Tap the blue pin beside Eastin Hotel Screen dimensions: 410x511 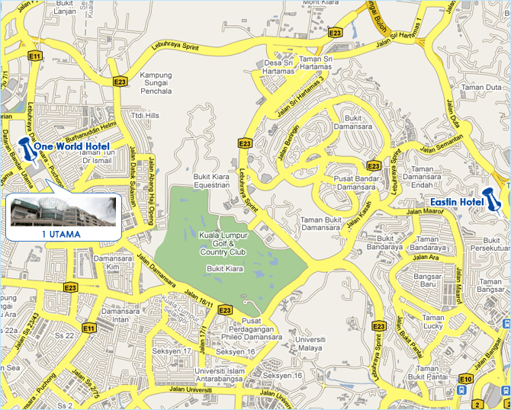[x=490, y=200]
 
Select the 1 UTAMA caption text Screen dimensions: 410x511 [x=61, y=234]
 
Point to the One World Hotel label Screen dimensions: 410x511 [x=72, y=146]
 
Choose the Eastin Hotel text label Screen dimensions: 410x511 [x=456, y=202]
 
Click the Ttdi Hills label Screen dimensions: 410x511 [x=145, y=115]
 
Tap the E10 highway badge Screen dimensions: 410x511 [x=467, y=378]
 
